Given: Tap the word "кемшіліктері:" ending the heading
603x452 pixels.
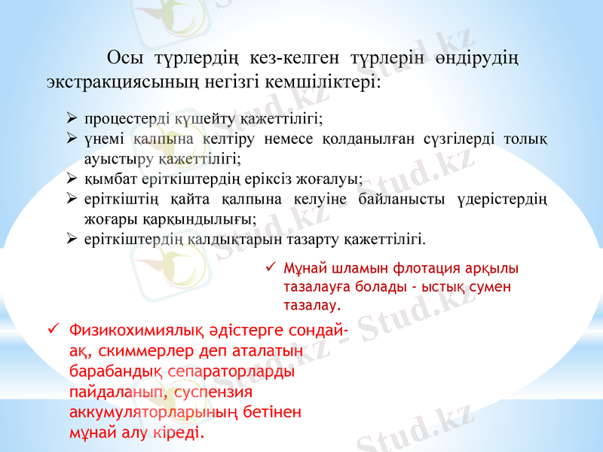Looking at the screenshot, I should point(333,81).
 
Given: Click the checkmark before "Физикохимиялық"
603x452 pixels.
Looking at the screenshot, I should point(53,329).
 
